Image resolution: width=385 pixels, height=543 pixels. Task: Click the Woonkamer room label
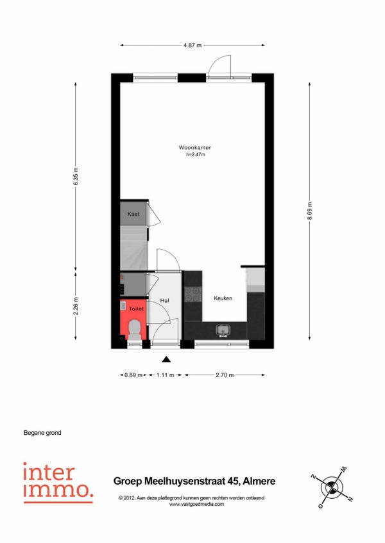click(x=195, y=147)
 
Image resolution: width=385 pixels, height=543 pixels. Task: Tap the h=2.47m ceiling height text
click(x=196, y=155)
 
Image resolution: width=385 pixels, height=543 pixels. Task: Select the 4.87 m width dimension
click(x=193, y=45)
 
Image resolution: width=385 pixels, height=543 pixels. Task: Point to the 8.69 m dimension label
click(x=310, y=211)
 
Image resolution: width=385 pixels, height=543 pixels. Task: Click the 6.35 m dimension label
click(x=76, y=176)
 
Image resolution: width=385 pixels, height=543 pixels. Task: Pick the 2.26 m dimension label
click(x=76, y=306)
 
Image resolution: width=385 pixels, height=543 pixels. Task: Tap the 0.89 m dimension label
click(x=133, y=375)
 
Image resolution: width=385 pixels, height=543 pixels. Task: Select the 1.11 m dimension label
click(x=166, y=375)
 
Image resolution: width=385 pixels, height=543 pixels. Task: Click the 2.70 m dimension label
click(x=225, y=375)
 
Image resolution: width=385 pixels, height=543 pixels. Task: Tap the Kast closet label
click(x=133, y=214)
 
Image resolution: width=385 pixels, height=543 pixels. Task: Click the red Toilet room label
click(x=136, y=309)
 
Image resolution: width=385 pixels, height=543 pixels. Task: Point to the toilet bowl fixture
click(x=134, y=329)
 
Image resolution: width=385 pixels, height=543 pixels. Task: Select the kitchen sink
click(x=223, y=330)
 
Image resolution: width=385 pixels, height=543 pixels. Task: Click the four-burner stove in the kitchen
click(x=193, y=295)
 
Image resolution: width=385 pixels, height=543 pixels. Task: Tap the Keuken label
click(x=223, y=298)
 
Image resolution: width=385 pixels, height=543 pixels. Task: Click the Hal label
click(x=164, y=300)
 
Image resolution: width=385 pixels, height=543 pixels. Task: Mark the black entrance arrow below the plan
click(x=166, y=359)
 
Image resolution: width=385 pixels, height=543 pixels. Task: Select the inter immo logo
click(x=58, y=483)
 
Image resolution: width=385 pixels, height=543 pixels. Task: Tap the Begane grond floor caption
click(x=42, y=432)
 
